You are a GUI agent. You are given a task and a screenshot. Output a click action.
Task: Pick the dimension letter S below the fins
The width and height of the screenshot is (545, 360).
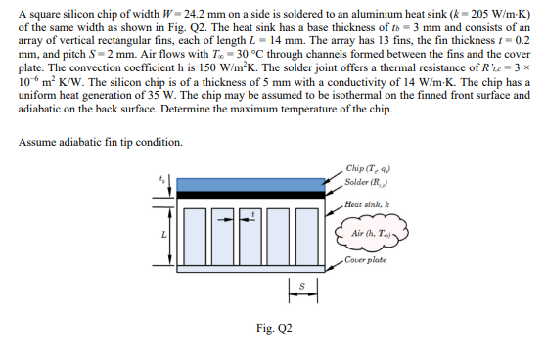[299, 287]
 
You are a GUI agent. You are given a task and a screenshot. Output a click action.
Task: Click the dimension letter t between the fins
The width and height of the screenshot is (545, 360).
[253, 211]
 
